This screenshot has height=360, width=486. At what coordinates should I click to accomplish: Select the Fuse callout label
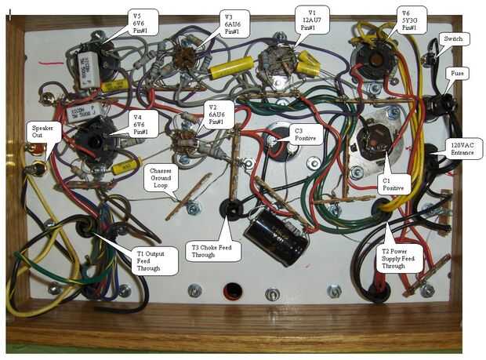(x=456, y=73)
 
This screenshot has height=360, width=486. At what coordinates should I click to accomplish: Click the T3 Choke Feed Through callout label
(x=215, y=251)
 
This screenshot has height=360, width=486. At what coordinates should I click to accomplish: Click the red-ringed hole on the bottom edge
(x=232, y=292)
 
